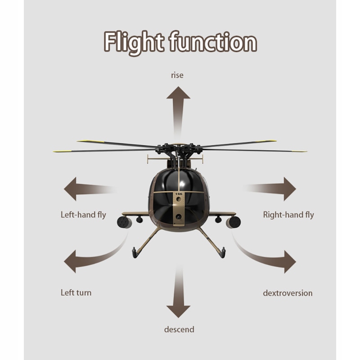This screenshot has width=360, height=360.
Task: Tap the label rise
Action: coord(177,75)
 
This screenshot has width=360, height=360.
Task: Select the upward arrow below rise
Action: coord(178,108)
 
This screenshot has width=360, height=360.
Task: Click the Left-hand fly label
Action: coord(83,215)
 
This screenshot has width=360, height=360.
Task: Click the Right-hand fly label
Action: coord(288,215)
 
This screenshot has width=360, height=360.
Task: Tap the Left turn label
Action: coord(76,292)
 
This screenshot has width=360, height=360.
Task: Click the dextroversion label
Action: coord(288,293)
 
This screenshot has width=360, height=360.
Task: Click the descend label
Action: coord(179,329)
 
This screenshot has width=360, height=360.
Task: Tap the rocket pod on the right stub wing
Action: coord(234,222)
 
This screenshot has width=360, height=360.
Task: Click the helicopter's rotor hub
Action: coord(179,148)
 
